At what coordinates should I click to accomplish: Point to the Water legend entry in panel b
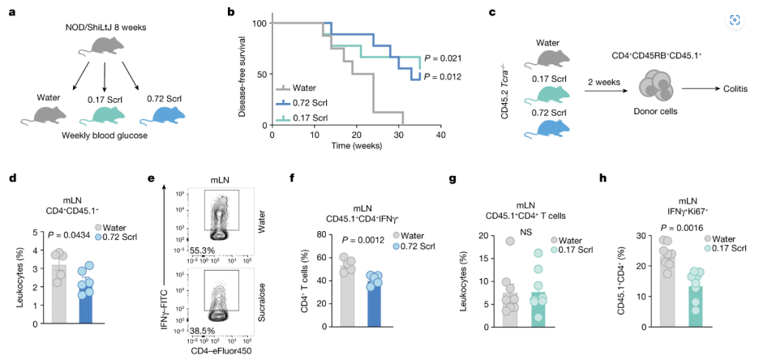point(307,88)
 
